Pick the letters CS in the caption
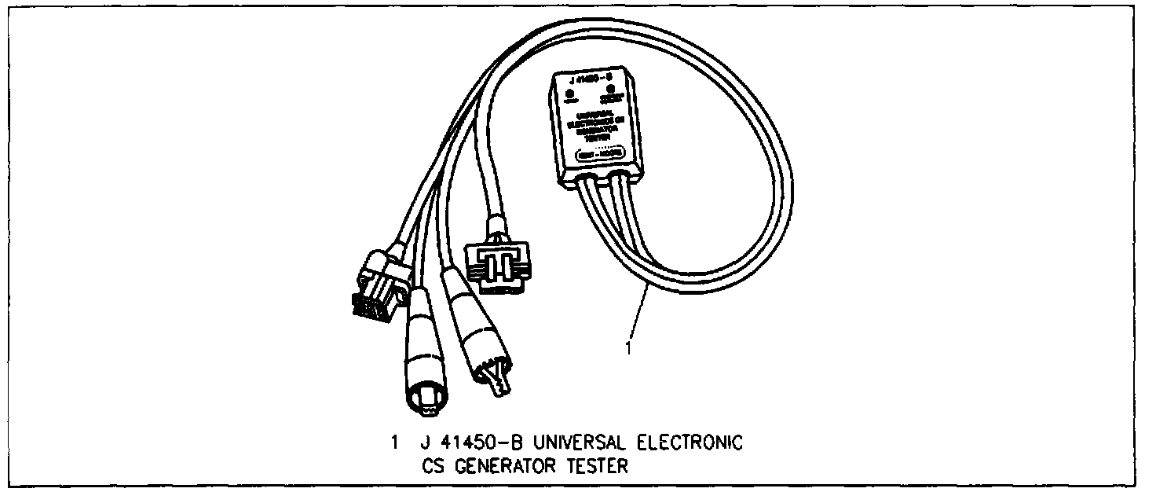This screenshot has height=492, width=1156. pyautogui.click(x=432, y=467)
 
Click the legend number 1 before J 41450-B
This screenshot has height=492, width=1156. pyautogui.click(x=395, y=443)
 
